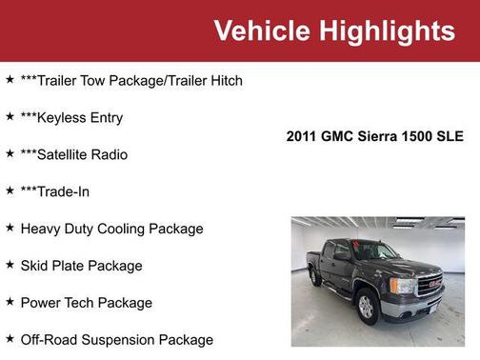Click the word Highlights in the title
click(386, 30)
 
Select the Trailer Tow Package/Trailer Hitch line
click(131, 80)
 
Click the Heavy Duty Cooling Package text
click(111, 229)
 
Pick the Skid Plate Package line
click(81, 266)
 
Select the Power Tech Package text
click(86, 303)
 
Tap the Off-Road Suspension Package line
click(116, 340)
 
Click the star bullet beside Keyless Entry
click(10, 116)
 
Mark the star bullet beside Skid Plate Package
click(10, 265)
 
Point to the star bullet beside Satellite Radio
click(10, 153)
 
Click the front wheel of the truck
click(367, 306)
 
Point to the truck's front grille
click(430, 286)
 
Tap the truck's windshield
click(374, 252)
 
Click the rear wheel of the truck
click(316, 277)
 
